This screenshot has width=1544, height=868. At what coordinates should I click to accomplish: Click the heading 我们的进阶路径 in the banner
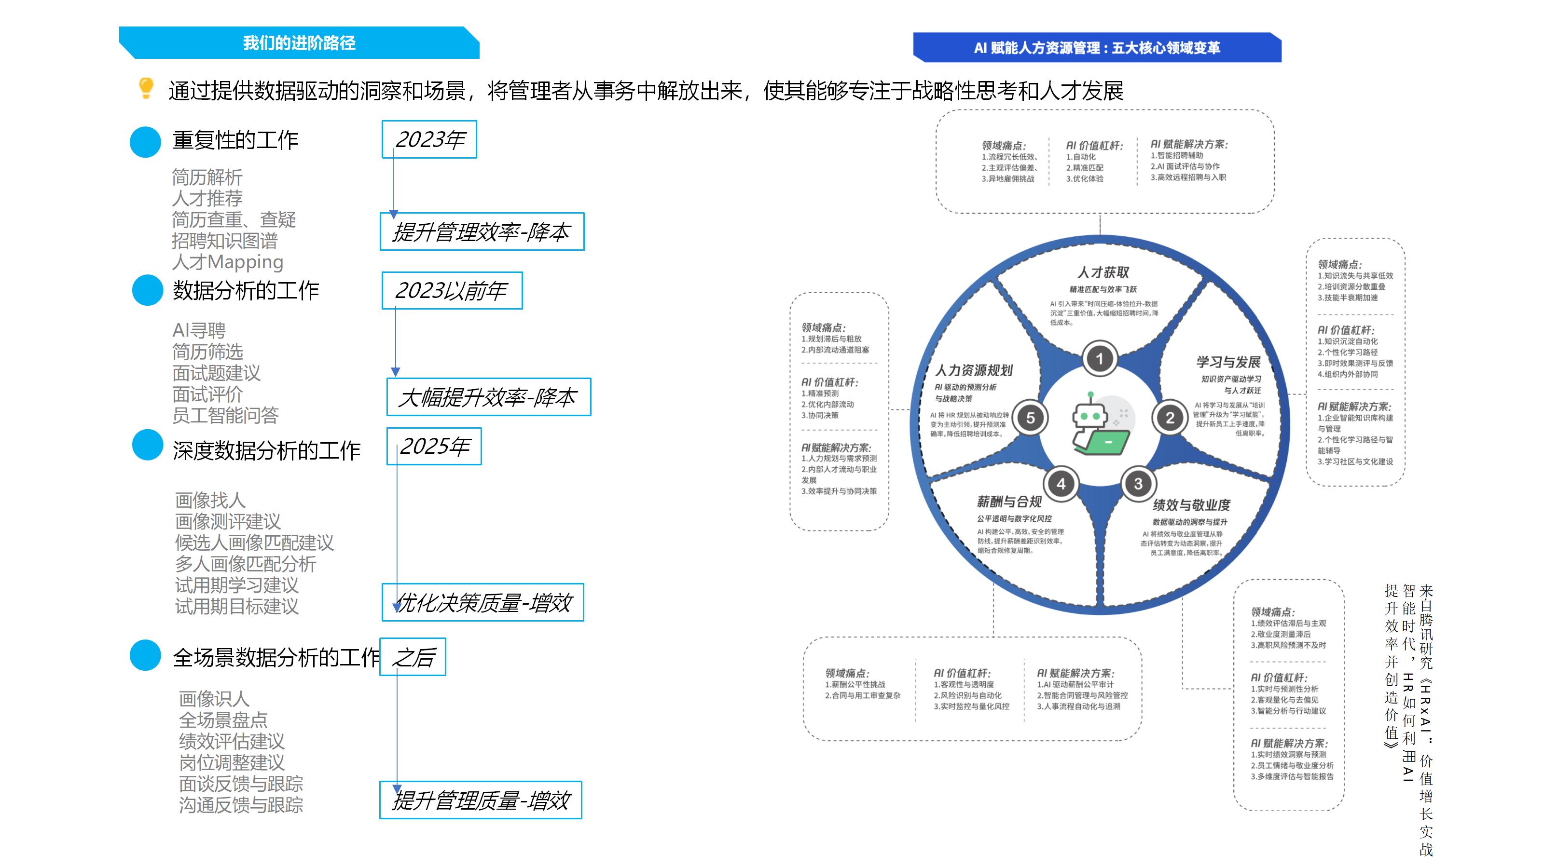[x=299, y=43]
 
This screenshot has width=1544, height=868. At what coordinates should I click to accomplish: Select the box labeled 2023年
[x=429, y=139]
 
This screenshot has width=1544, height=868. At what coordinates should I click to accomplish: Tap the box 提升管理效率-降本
[x=482, y=231]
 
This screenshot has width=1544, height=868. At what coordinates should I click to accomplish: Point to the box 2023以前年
[x=452, y=290]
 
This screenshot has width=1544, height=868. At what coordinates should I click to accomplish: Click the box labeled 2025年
[x=434, y=446]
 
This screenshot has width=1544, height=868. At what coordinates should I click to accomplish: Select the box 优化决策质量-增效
[x=482, y=602]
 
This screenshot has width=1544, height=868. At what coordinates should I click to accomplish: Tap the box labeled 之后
[x=413, y=657]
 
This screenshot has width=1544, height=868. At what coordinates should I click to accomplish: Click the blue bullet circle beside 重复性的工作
[x=146, y=142]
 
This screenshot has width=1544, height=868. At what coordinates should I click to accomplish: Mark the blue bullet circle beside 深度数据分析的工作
[x=148, y=445]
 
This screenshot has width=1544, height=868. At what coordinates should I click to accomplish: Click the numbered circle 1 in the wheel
[x=1099, y=359]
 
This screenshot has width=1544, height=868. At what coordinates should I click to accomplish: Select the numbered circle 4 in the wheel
[x=1061, y=483]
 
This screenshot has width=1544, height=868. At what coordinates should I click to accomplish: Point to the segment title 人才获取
[x=1103, y=272]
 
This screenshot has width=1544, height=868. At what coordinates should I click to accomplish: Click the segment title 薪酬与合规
[x=1009, y=502]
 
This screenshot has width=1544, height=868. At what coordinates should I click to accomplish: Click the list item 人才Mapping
[x=227, y=262]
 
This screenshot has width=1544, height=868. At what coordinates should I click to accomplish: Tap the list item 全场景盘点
[x=223, y=720]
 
